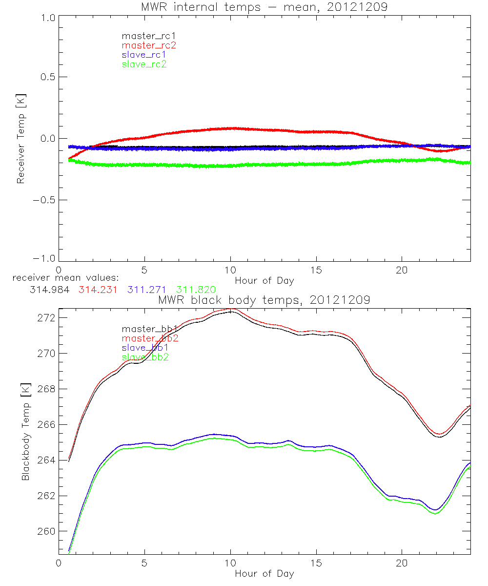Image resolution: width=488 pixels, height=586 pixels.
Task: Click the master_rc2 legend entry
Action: [149, 45]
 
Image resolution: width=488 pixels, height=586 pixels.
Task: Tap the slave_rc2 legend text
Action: [144, 64]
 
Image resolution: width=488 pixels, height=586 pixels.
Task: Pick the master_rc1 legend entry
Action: [148, 36]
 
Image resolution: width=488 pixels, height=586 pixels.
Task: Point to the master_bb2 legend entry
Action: [150, 338]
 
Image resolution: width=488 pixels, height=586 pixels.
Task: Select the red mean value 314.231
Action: [98, 290]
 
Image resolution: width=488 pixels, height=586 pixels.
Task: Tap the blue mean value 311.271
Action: [147, 290]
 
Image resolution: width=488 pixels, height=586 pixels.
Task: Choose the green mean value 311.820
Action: [197, 290]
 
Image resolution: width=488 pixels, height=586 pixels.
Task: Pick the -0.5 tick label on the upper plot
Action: [44, 200]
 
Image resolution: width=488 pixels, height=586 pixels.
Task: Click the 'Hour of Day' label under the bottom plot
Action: [264, 573]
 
